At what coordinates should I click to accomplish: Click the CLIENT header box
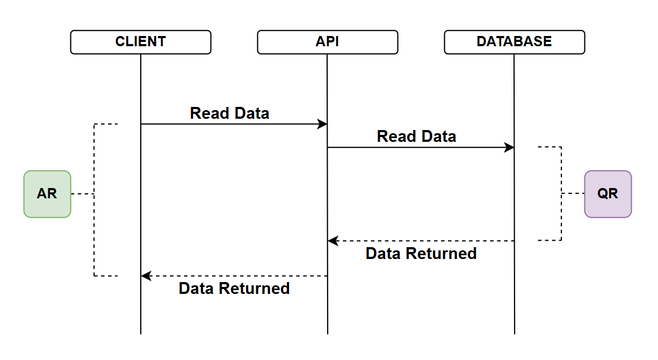(x=141, y=42)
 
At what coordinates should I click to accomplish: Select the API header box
(x=328, y=42)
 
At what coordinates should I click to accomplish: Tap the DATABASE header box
(x=514, y=42)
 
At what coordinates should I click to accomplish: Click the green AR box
(x=47, y=194)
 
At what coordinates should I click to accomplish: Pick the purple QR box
(x=608, y=194)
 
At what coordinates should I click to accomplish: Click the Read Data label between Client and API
(x=229, y=113)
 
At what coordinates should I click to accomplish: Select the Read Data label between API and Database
(x=416, y=136)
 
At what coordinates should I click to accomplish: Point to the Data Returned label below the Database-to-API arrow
(x=421, y=254)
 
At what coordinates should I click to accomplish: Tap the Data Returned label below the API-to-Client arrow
(x=234, y=289)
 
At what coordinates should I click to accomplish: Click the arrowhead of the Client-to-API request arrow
(x=323, y=124)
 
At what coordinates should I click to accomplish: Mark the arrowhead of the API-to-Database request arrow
(x=509, y=147)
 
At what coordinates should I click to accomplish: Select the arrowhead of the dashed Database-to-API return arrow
(x=333, y=241)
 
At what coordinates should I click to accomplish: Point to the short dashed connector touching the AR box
(x=83, y=194)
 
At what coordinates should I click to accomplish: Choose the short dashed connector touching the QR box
(x=573, y=193)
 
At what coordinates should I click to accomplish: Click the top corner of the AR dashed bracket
(x=95, y=124)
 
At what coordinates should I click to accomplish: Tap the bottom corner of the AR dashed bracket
(x=95, y=276)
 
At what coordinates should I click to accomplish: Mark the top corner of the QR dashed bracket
(x=561, y=147)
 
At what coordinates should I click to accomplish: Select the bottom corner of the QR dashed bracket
(x=561, y=240)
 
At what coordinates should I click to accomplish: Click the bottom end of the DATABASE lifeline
(x=514, y=333)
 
